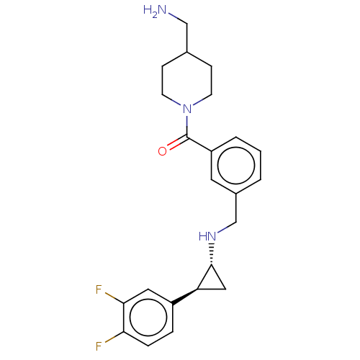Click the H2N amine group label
point(156,10)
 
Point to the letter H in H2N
point(148,9)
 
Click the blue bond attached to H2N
point(174,17)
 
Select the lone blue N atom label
point(187,109)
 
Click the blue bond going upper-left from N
point(176,103)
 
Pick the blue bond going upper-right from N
point(199,103)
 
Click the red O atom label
point(163,150)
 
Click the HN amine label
point(207,236)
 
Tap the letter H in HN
point(203,236)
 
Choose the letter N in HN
point(212,236)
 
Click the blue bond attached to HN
point(222,230)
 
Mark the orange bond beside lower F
point(109,340)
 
